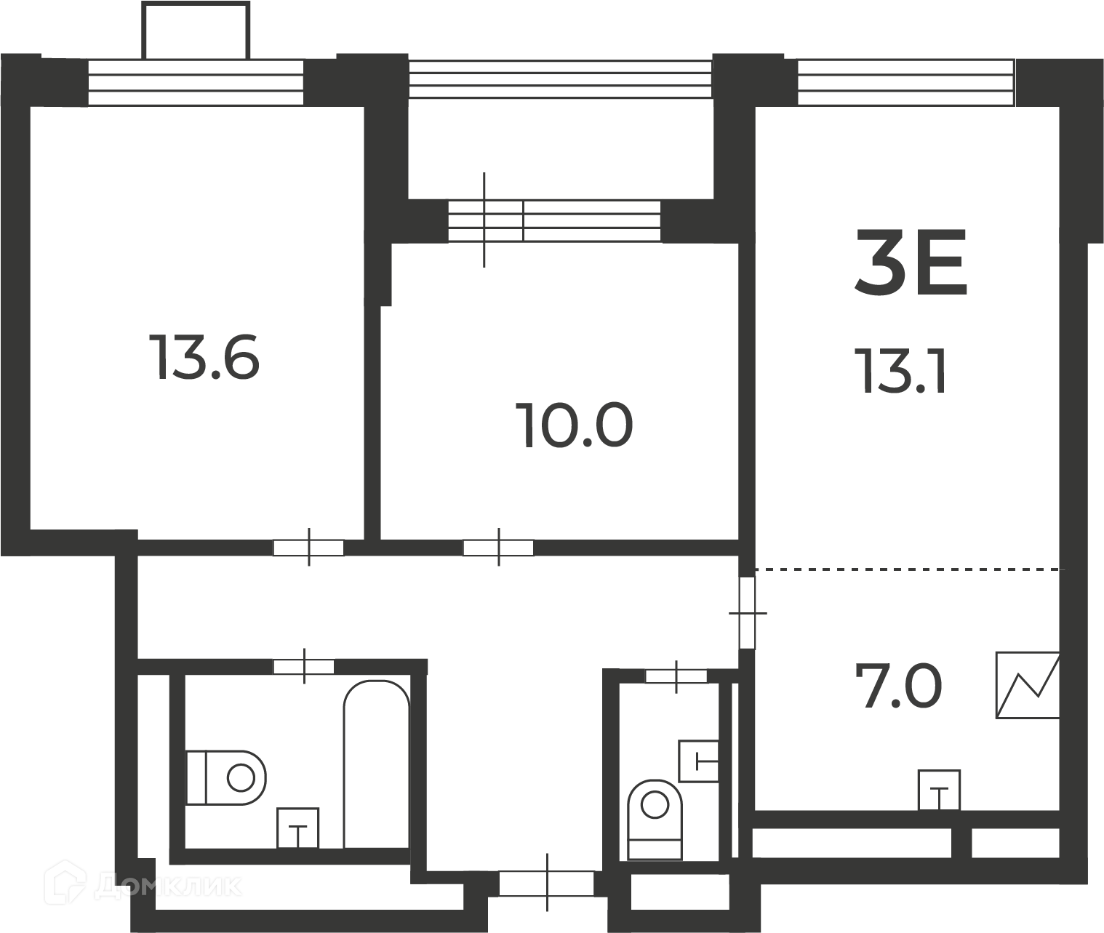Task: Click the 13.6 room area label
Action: coord(205,357)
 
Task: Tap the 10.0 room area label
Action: coord(574,425)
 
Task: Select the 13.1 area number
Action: coord(900,371)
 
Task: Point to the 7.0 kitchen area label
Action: coord(898,686)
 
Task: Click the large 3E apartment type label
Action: coord(911,263)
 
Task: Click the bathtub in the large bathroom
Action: coord(377,764)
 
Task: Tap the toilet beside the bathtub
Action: coord(226,777)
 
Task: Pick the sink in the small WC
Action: coord(699,761)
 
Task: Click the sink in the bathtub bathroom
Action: coord(297,828)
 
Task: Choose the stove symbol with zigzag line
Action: coord(1028,686)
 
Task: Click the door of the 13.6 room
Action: coord(308,548)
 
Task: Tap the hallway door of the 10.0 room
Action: coord(498,548)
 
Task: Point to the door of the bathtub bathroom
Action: coord(304,667)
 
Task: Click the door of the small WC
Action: coord(676,676)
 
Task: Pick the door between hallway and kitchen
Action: coord(748,612)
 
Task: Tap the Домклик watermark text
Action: coord(168,886)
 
